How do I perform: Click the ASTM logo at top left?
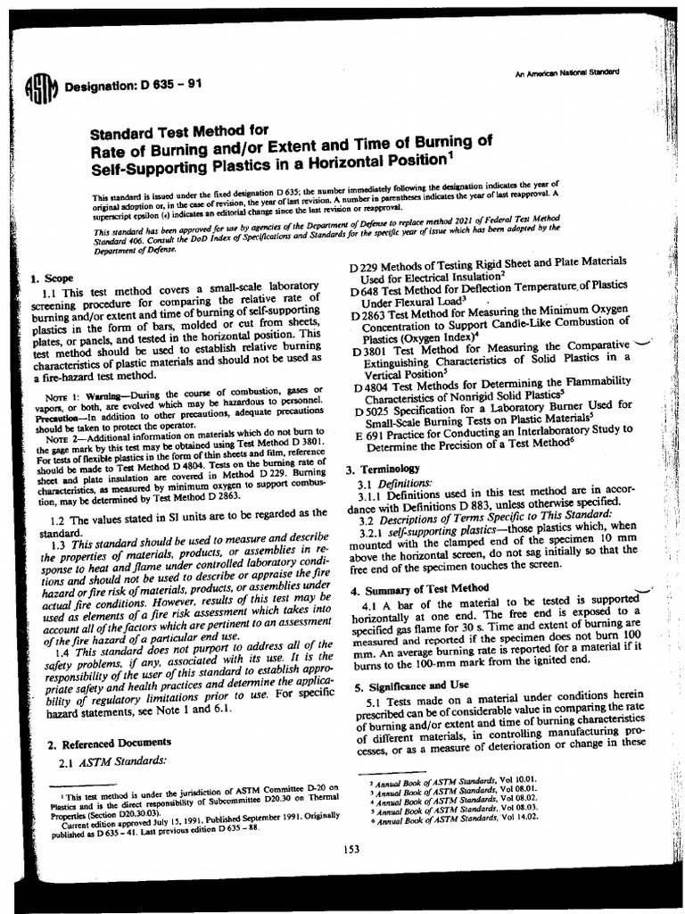click(44, 87)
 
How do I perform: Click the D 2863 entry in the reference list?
click(490, 324)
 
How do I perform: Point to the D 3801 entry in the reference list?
click(491, 360)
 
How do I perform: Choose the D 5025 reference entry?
click(491, 417)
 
